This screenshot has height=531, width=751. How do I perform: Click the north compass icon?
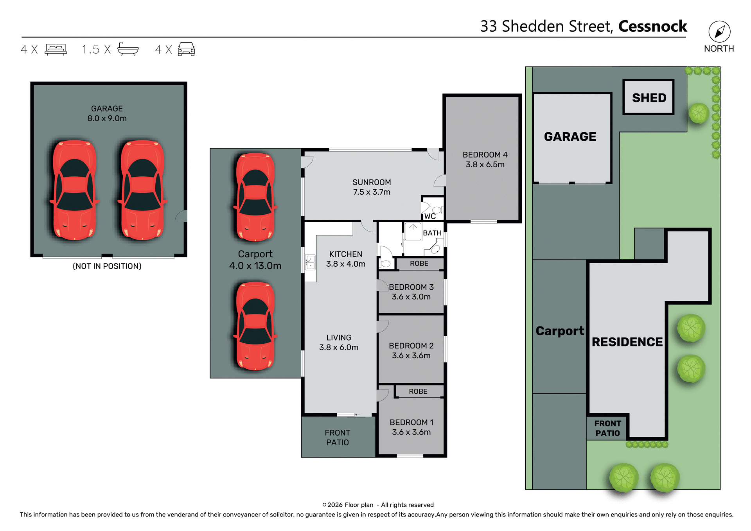pyautogui.click(x=719, y=32)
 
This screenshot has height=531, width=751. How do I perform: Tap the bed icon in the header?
pyautogui.click(x=56, y=49)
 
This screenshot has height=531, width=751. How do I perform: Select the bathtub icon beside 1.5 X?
pyautogui.click(x=128, y=49)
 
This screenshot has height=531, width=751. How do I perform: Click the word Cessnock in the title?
pyautogui.click(x=652, y=27)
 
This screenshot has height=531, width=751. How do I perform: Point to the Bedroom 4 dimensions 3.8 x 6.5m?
pyautogui.click(x=485, y=165)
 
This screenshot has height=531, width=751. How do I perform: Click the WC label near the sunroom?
pyautogui.click(x=430, y=216)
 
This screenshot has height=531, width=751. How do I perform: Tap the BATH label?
pyautogui.click(x=432, y=233)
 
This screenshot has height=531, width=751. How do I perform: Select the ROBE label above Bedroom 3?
pyautogui.click(x=419, y=264)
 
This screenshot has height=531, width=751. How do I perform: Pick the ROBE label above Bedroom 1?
pyautogui.click(x=418, y=391)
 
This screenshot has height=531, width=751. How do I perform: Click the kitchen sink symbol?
pyautogui.click(x=310, y=262)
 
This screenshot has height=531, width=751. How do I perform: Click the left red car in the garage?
pyautogui.click(x=74, y=190)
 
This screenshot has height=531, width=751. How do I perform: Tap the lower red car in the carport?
pyautogui.click(x=255, y=326)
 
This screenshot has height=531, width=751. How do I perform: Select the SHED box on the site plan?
pyautogui.click(x=649, y=97)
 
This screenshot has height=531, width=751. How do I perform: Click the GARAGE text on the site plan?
pyautogui.click(x=570, y=136)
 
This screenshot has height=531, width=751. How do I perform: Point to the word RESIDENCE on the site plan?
pyautogui.click(x=627, y=342)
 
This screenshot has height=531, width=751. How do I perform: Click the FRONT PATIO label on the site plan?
pyautogui.click(x=607, y=428)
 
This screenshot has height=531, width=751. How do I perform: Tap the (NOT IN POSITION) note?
pyautogui.click(x=107, y=266)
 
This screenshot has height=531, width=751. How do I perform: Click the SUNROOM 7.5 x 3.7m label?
pyautogui.click(x=371, y=187)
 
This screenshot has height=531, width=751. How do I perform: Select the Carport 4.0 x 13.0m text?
pyautogui.click(x=255, y=260)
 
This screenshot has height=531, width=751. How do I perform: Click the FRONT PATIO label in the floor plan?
pyautogui.click(x=337, y=438)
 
